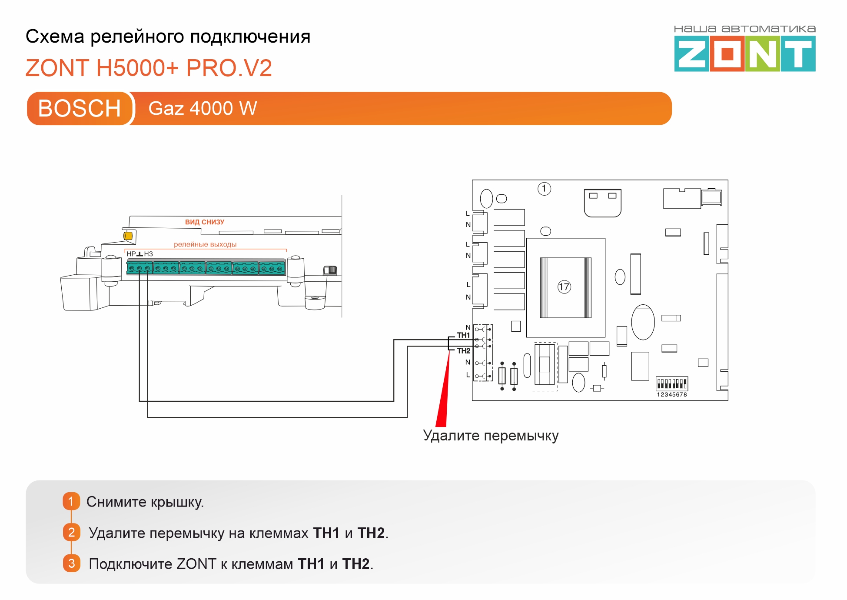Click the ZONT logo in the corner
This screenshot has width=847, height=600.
click(744, 53)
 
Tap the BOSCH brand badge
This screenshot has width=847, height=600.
click(79, 108)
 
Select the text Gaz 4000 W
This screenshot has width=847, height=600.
click(203, 108)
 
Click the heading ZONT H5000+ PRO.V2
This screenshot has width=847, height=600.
click(149, 68)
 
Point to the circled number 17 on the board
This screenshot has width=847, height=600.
click(564, 287)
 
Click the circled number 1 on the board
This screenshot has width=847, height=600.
click(544, 189)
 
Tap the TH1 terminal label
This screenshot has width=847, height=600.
click(463, 335)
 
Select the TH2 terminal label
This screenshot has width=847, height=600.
click(463, 350)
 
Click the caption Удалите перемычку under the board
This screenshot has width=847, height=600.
click(491, 435)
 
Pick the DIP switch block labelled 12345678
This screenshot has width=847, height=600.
click(671, 384)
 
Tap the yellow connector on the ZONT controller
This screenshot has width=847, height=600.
click(128, 236)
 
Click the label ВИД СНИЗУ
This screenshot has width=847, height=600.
click(205, 222)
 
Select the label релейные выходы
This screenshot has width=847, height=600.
click(205, 244)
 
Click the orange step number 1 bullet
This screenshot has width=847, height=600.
click(71, 501)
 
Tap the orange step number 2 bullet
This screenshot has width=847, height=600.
click(71, 532)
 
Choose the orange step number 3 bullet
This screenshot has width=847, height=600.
click(71, 563)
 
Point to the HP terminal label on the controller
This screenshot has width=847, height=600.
click(131, 254)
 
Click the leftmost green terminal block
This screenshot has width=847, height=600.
click(140, 268)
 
